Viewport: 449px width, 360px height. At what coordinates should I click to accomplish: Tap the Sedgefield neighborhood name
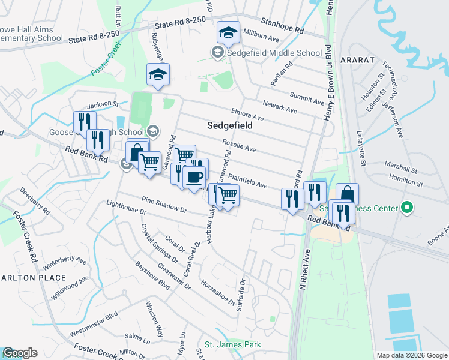point(229,127)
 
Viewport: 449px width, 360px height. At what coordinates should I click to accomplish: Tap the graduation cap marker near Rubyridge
point(158,75)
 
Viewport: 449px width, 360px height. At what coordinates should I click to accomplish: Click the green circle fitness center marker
point(407,208)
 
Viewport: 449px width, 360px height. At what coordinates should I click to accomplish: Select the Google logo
point(20,353)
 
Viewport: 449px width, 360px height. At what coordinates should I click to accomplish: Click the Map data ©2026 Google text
point(412,355)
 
